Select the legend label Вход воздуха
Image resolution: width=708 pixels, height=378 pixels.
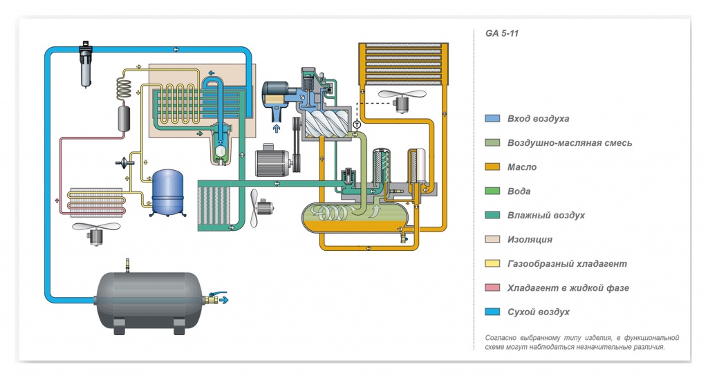click(x=538, y=119)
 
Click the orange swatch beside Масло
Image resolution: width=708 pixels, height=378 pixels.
click(x=492, y=167)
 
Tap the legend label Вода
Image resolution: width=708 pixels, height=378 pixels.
click(x=519, y=191)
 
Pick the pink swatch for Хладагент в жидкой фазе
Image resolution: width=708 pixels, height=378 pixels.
click(x=492, y=287)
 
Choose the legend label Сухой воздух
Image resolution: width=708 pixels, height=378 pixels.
click(x=538, y=312)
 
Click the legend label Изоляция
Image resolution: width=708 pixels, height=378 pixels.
click(x=530, y=240)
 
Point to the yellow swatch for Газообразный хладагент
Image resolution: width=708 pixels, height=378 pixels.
click(x=492, y=264)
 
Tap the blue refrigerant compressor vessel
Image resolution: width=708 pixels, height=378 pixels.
click(x=167, y=191)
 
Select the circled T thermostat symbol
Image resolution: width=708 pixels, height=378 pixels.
click(x=357, y=124)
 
